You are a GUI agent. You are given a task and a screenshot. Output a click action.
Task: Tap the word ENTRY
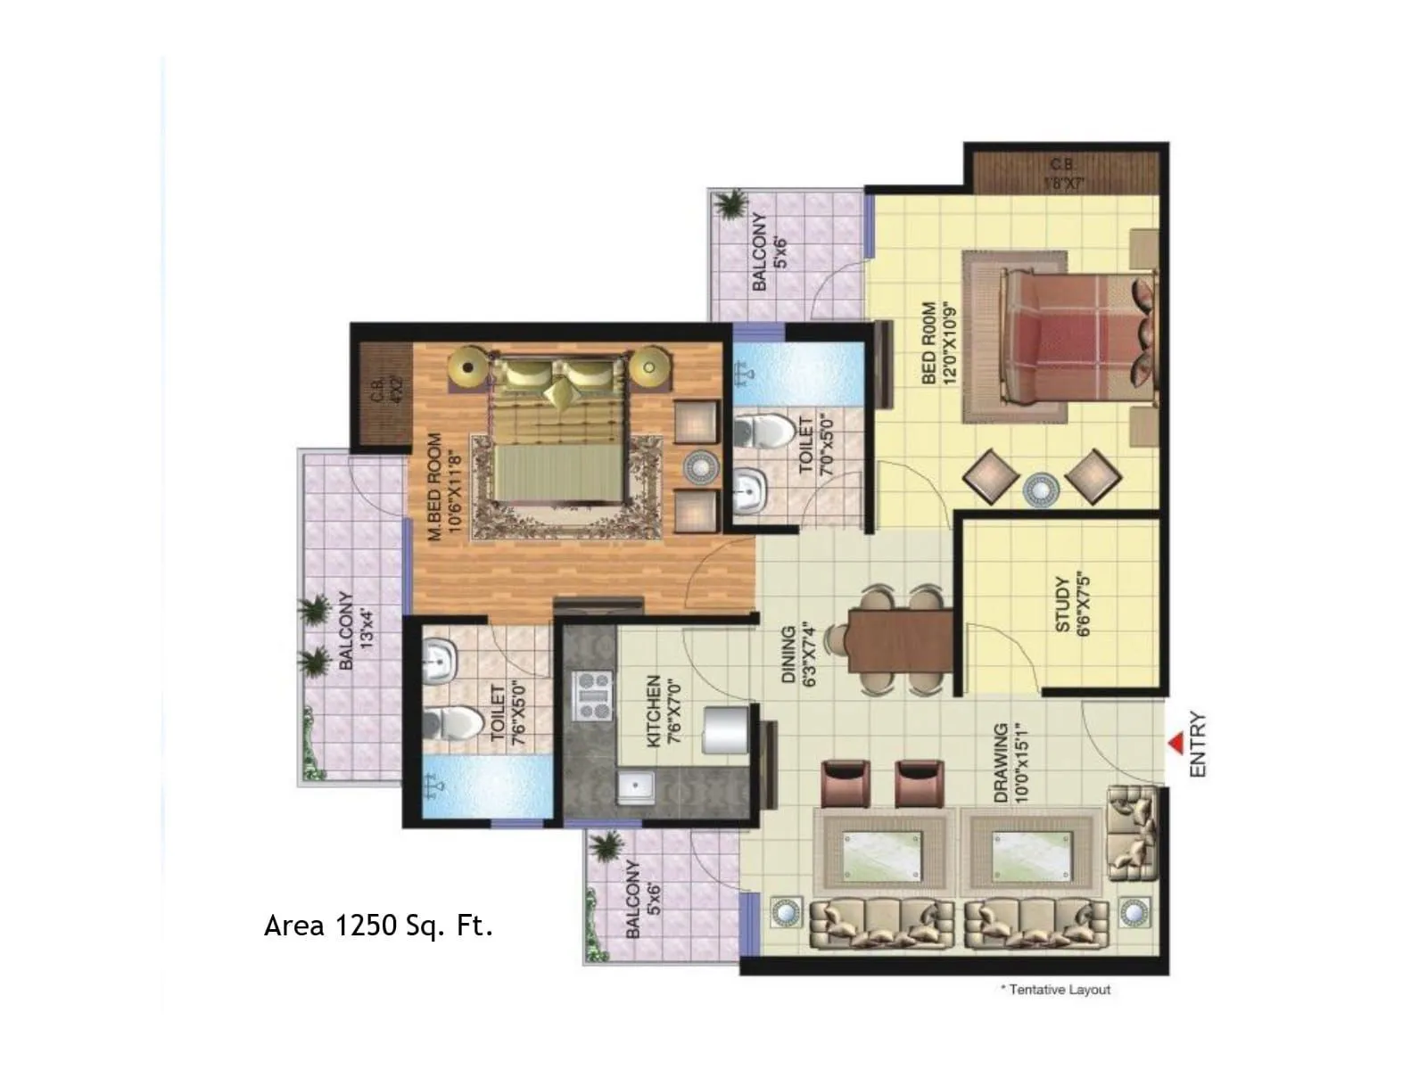[1198, 744]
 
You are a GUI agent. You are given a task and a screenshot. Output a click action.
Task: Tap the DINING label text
[798, 654]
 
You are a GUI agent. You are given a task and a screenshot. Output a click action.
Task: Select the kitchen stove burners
[592, 696]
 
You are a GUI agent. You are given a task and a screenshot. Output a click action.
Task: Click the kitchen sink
[636, 788]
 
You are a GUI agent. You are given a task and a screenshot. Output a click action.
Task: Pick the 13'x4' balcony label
[357, 630]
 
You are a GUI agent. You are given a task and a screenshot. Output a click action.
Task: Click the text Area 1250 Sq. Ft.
[378, 926]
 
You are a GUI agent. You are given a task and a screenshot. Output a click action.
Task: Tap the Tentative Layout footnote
[1056, 990]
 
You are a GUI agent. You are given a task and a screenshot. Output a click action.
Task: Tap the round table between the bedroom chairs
[1041, 490]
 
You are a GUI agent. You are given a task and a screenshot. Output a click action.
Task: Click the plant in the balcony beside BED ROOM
[731, 204]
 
